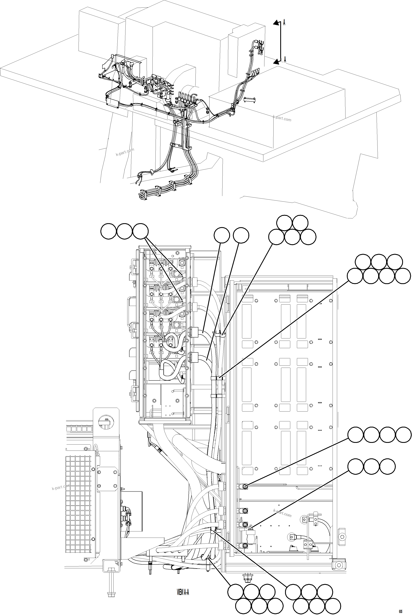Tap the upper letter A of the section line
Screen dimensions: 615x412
point(284,23)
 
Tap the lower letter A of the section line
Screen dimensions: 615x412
point(285,59)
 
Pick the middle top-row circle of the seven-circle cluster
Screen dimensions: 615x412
point(379,262)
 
